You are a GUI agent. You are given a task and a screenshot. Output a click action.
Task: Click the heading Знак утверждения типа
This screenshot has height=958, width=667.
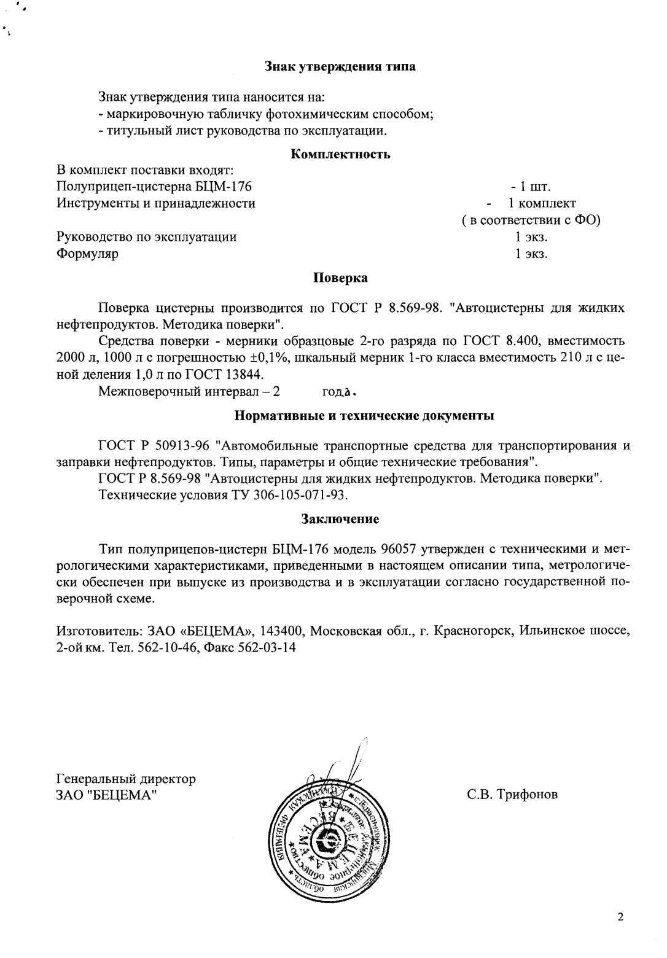340,67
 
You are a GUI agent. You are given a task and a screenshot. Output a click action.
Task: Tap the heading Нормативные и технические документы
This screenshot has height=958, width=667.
365,416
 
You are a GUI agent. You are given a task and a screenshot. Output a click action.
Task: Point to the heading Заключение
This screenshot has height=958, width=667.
340,519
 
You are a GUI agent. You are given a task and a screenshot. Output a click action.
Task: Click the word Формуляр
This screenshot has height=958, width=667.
87,254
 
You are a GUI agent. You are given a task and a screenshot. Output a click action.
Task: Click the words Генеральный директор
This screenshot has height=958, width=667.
126,779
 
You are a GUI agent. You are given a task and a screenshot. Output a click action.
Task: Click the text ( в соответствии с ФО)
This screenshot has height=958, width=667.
531,220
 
